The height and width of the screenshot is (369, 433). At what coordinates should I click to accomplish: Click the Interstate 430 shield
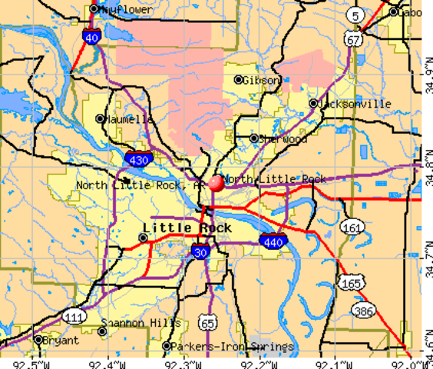click(x=138, y=160)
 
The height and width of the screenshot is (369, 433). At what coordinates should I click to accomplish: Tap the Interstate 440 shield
click(x=274, y=240)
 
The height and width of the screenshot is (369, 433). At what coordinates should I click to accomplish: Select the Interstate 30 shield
click(x=200, y=251)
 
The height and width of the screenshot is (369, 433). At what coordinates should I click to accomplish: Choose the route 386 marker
click(x=364, y=310)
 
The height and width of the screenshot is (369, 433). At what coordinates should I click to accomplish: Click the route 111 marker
click(x=74, y=317)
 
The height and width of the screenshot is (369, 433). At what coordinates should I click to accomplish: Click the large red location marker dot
click(x=216, y=183)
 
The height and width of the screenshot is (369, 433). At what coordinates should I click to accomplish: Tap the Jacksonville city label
click(x=355, y=104)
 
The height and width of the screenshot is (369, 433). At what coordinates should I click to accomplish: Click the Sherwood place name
click(x=283, y=139)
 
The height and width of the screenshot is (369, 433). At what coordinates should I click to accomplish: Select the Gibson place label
click(x=262, y=80)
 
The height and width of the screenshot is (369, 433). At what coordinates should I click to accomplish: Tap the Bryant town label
click(x=61, y=339)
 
